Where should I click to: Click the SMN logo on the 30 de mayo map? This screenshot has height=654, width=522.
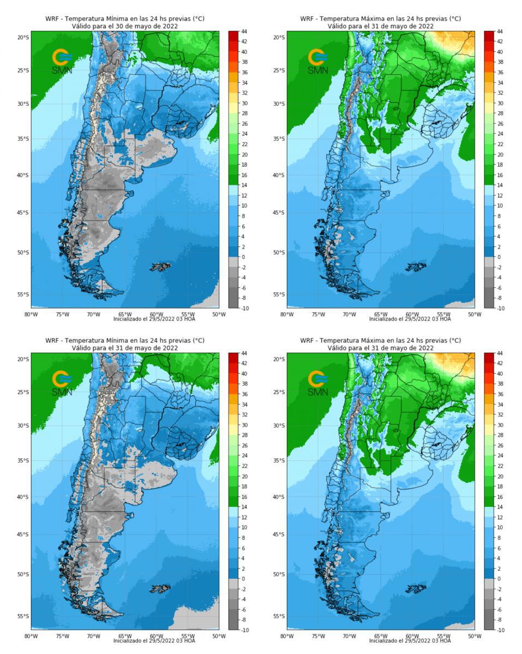pyautogui.click(x=61, y=60)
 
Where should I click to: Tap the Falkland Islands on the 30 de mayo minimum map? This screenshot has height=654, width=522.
pyautogui.click(x=161, y=267)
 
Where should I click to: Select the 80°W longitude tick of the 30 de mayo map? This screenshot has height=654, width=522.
pyautogui.click(x=31, y=314)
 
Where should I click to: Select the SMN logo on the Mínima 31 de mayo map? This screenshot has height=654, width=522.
pyautogui.click(x=61, y=382)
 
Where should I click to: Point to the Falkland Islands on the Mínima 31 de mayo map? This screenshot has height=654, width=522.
pyautogui.click(x=161, y=588)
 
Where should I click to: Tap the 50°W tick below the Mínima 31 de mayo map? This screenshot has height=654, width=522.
pyautogui.click(x=219, y=636)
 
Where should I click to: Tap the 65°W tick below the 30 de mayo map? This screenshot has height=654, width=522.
pyautogui.click(x=125, y=314)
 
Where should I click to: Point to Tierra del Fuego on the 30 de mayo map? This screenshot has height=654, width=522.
pyautogui.click(x=104, y=289)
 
